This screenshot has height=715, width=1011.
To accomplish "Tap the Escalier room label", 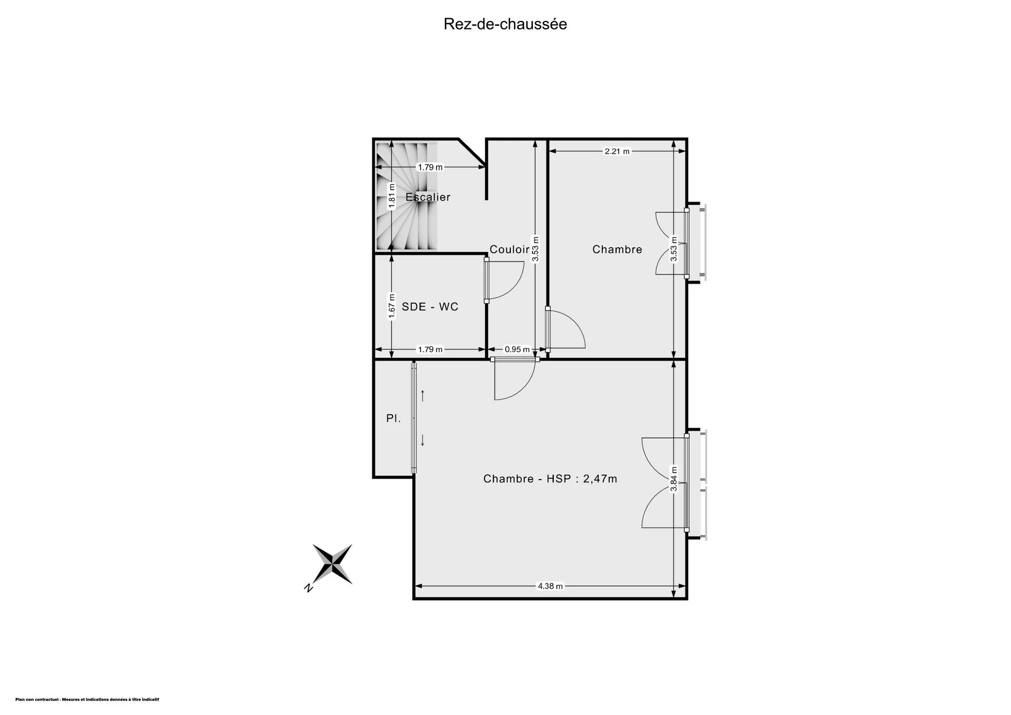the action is coord(428,197).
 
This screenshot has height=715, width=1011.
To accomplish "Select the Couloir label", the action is coord(510,249).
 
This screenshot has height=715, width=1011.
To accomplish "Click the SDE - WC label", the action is coord(430,306).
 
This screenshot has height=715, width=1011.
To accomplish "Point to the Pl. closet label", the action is coord(394,419).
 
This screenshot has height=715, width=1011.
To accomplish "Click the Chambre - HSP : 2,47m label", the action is coord(550,479).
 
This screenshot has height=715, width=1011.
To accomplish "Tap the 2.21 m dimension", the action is coord(617,151).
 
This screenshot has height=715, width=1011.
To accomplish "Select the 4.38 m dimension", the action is coord(550,586).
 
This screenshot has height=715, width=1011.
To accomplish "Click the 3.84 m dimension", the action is coord(674,479).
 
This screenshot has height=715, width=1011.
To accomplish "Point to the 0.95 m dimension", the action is coord(517,349).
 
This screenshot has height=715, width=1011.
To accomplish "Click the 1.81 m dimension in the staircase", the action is coord(392,196).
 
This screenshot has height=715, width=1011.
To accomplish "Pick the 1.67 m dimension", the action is coord(392,306).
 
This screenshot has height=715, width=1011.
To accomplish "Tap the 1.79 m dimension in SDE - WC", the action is coord(430,349).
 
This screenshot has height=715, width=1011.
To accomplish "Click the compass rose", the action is coord(333,564).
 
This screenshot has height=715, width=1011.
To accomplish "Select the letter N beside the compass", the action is coord(309,588).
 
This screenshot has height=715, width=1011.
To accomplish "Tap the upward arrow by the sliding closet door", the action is coord(422,395).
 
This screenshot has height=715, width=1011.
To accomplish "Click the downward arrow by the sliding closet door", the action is coord(422,440).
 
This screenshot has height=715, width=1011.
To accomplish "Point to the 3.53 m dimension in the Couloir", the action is coord(536,249).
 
